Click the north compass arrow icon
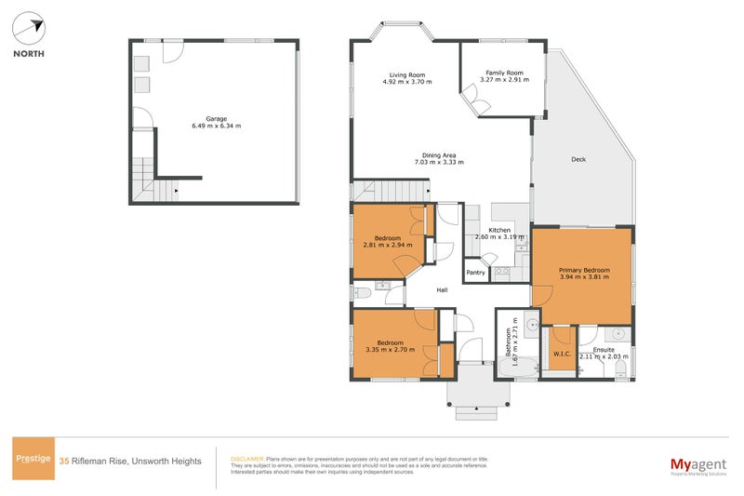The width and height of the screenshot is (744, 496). point(29,29)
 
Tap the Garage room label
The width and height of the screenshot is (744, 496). point(216,119)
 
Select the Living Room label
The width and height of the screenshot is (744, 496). point(407,74)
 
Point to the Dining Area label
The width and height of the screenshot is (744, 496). point(439,154)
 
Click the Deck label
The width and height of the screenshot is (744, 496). point(578,159)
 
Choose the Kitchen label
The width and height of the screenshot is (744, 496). point(500,230)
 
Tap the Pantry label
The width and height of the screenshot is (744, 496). point(476,273)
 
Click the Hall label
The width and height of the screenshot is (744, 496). point(442,290)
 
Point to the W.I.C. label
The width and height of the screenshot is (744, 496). point(561,353)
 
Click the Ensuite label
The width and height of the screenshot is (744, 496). point(604,350)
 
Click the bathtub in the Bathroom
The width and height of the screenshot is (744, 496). point(515,369)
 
